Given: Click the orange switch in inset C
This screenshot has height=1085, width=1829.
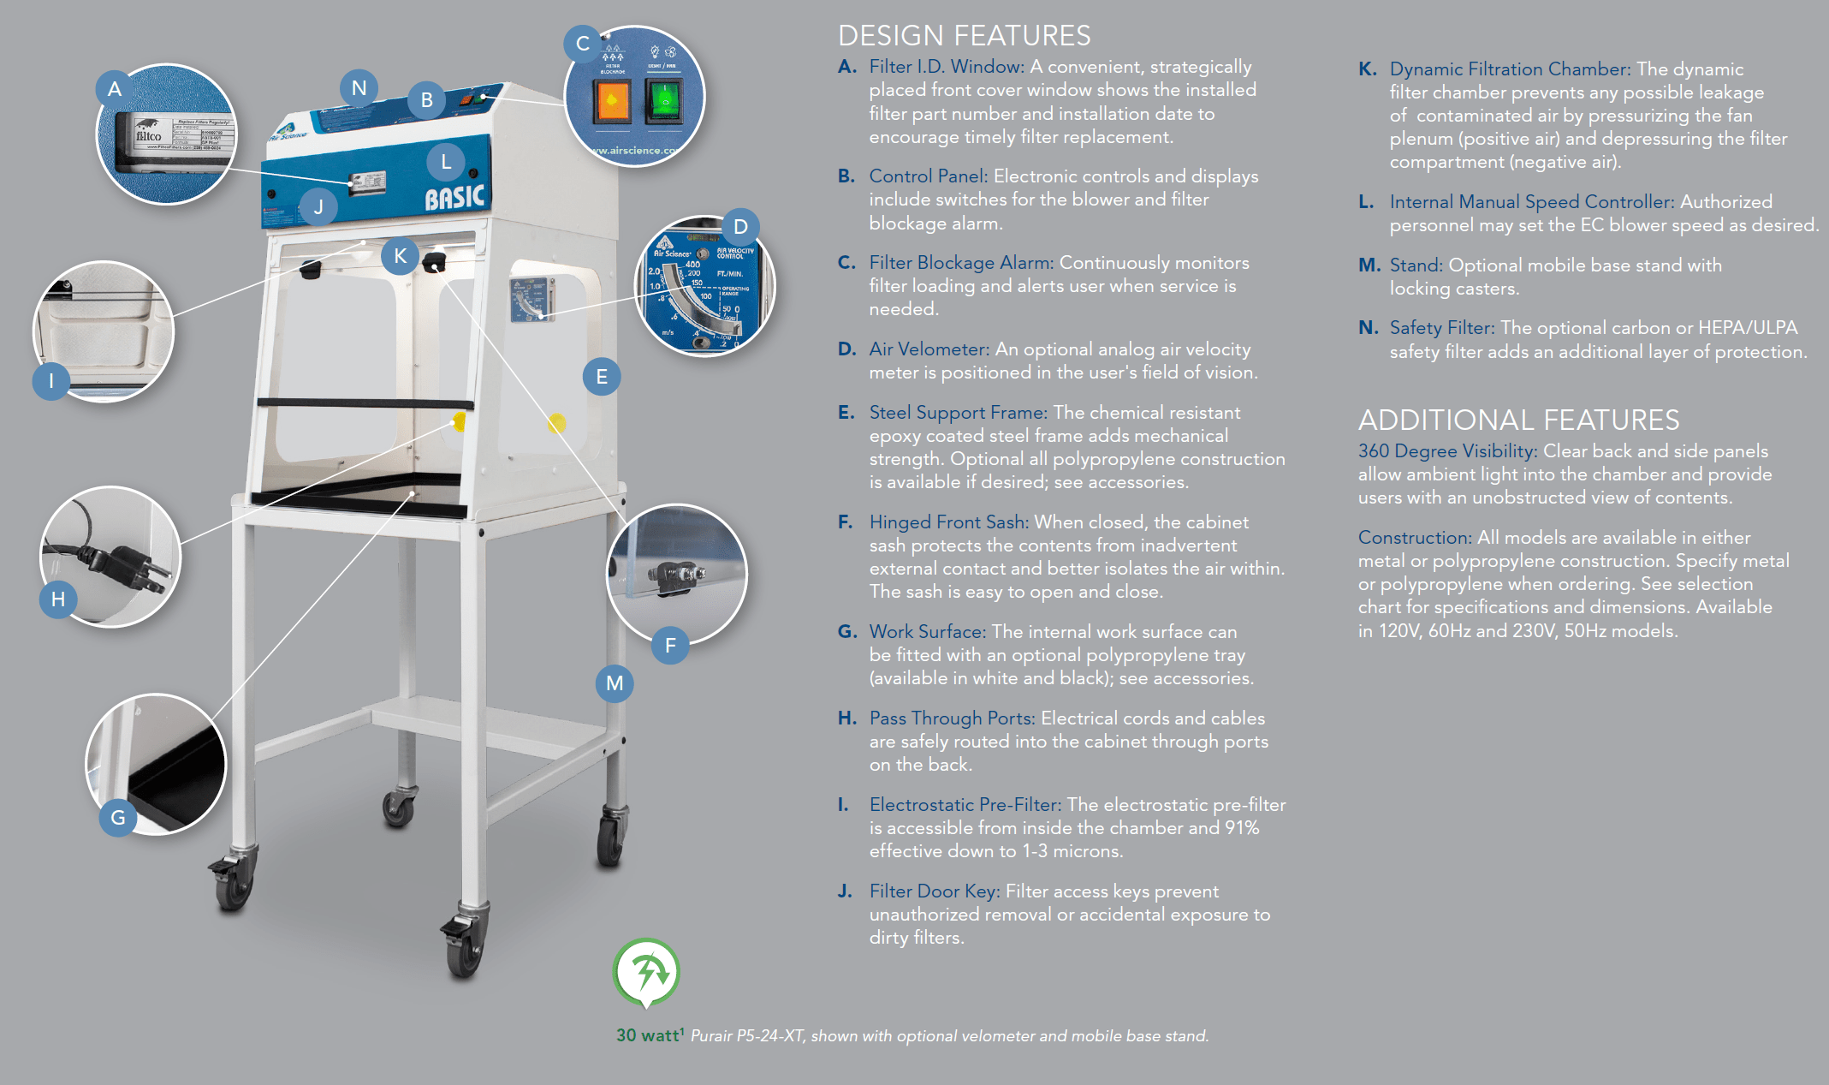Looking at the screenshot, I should click(611, 102).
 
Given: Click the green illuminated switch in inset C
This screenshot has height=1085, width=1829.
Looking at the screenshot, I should click(663, 102).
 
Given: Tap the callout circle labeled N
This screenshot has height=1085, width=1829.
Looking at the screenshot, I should click(359, 88).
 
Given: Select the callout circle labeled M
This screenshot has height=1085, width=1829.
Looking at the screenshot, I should click(615, 683).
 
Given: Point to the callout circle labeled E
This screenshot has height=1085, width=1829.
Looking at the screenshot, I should click(602, 377).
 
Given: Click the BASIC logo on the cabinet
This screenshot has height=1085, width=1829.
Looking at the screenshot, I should click(454, 198).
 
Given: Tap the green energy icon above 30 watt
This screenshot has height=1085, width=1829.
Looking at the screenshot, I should click(646, 972).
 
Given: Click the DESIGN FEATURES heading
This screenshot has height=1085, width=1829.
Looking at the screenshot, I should click(964, 35).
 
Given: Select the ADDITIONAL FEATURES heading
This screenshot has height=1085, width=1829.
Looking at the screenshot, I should click(1518, 420).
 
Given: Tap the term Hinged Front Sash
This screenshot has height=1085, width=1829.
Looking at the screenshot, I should click(948, 522).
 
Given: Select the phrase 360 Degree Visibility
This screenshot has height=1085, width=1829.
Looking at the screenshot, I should click(1447, 451).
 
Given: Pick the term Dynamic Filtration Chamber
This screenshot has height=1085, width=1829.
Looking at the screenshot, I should click(1510, 69).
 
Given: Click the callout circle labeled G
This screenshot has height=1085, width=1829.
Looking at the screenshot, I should click(118, 818).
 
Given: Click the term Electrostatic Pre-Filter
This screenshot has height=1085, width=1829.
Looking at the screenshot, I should click(965, 805).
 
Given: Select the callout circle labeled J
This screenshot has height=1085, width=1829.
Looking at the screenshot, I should click(318, 206).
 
